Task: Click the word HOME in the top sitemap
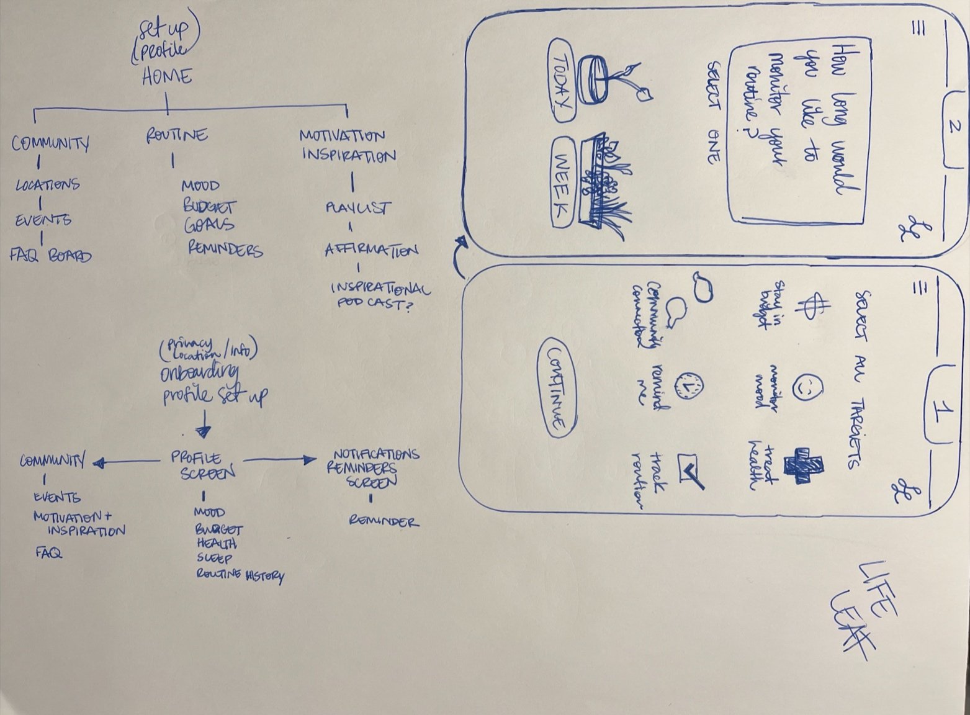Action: (166, 77)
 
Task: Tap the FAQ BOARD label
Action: (51, 255)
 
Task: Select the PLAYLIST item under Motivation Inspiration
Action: (358, 208)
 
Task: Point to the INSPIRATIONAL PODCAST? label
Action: (380, 296)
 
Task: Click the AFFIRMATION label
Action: (370, 251)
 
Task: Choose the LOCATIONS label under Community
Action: (48, 184)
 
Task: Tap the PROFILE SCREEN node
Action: (203, 465)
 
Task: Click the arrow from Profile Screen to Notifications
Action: (280, 460)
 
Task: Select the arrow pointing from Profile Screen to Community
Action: (125, 462)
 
